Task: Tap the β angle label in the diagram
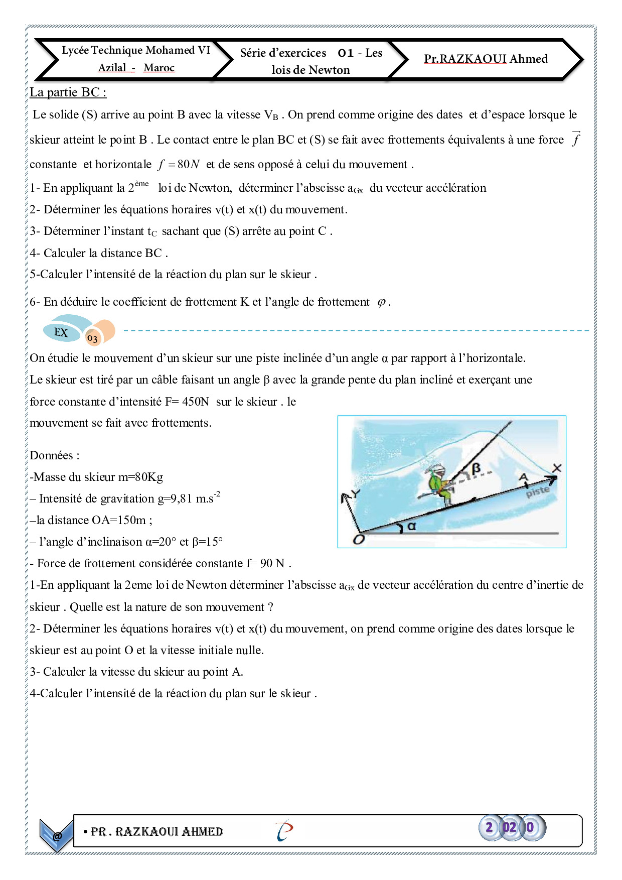[x=476, y=468]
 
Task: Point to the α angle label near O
[x=412, y=526]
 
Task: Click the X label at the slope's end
[x=557, y=468]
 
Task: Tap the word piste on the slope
[x=538, y=491]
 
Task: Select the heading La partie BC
[x=68, y=92]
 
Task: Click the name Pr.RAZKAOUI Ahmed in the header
[x=486, y=59]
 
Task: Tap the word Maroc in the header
[x=159, y=68]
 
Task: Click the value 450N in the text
[x=196, y=402]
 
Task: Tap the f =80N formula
[x=179, y=164]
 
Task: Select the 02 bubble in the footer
[x=509, y=827]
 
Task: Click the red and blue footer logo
[x=284, y=831]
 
